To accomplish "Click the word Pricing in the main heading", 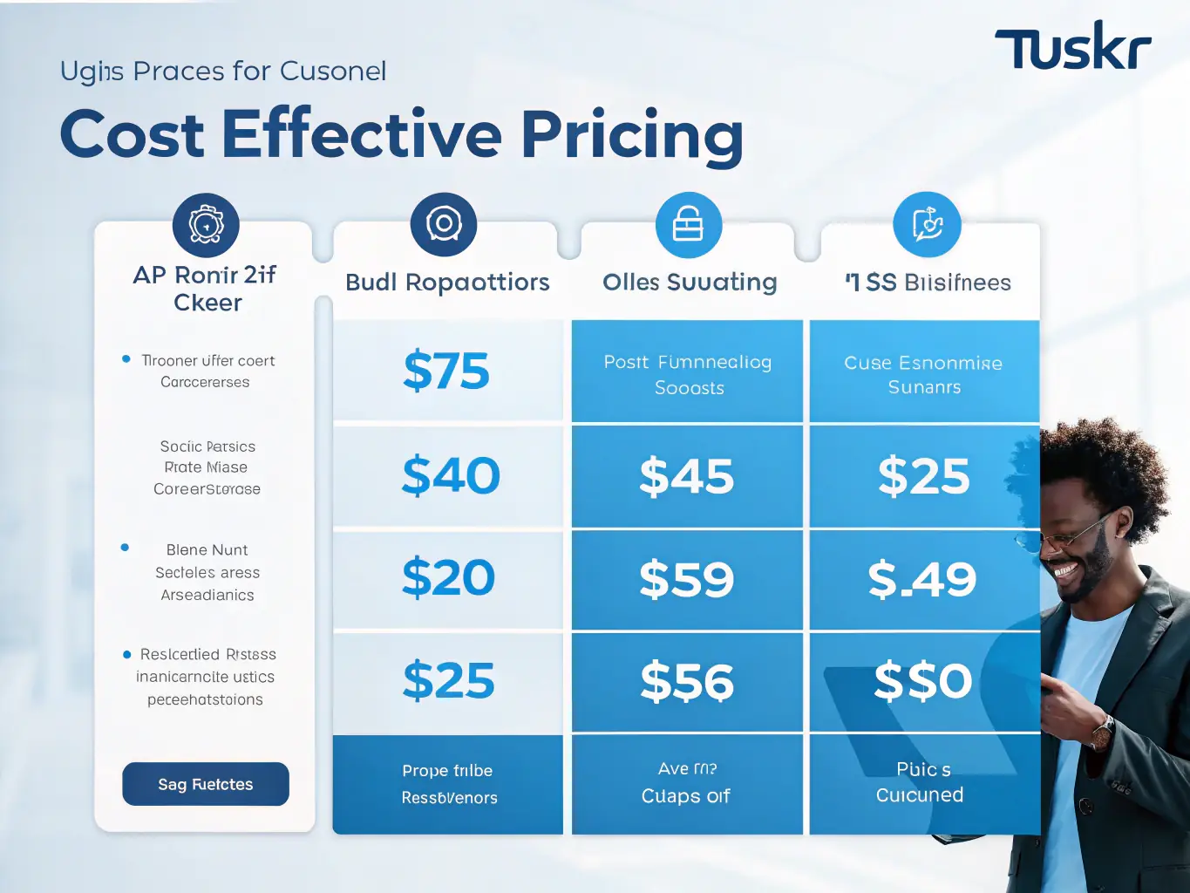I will point(632,135).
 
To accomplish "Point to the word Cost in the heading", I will point(132,135).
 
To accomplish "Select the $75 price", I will point(446,371).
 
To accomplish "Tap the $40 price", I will point(451,476).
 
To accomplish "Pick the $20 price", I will point(448,578).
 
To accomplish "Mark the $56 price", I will point(686,682).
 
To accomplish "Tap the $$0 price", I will point(922,680).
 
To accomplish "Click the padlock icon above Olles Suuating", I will point(688,225).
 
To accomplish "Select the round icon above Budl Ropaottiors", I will point(444,224).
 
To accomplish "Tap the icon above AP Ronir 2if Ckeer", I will point(206,225).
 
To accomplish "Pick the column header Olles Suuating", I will point(690,283).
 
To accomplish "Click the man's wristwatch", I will point(1102,731).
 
